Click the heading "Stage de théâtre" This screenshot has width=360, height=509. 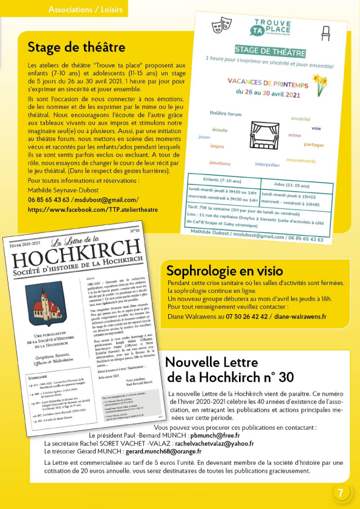tap(77, 47)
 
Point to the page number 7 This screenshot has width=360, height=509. tap(341, 492)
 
